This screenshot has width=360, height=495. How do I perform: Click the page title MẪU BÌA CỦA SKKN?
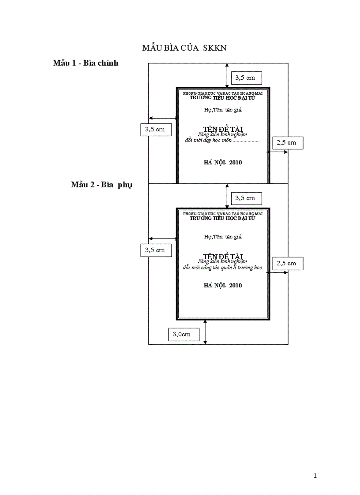click(x=184, y=48)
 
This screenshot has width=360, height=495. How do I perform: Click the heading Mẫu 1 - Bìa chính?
click(x=86, y=63)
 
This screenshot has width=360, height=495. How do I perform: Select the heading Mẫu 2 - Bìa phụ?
click(x=102, y=185)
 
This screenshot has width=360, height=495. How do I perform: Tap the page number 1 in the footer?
click(x=315, y=476)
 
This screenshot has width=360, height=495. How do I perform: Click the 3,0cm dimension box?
click(x=184, y=335)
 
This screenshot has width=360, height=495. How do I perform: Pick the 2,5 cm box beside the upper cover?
click(x=288, y=142)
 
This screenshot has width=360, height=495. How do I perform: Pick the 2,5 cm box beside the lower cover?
click(x=288, y=264)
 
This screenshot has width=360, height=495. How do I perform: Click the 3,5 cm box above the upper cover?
click(x=246, y=78)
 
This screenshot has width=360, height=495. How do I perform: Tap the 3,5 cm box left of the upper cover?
click(x=155, y=129)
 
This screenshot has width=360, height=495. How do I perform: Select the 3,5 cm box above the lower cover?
click(x=246, y=198)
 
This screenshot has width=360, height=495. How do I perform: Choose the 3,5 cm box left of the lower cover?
click(x=155, y=250)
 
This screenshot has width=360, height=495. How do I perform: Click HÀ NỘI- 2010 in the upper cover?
click(x=223, y=163)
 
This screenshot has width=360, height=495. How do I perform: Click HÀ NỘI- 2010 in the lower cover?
click(x=223, y=286)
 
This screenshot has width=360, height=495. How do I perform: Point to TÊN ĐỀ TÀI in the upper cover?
click(x=223, y=129)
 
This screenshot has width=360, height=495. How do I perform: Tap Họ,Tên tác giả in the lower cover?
click(x=223, y=237)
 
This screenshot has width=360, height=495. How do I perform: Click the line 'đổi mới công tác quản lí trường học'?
click(x=222, y=268)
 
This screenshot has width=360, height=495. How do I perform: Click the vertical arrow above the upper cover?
click(x=227, y=75)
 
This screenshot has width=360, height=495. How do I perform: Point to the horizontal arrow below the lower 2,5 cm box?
click(x=277, y=273)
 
